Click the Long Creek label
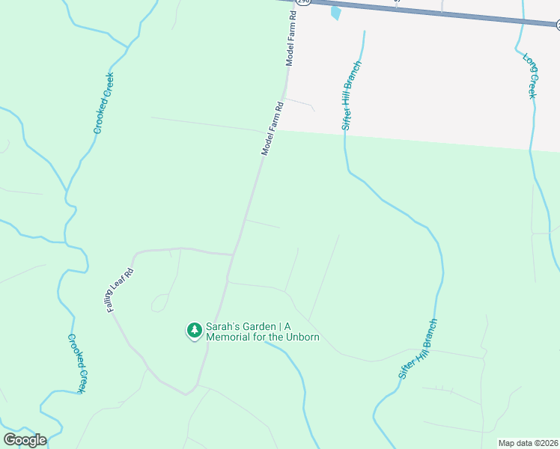[x=530, y=76]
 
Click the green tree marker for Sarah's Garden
[x=195, y=330]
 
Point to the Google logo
[x=24, y=440]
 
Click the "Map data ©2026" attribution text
[x=528, y=443]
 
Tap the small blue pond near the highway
[x=335, y=13]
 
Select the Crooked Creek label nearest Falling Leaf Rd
[x=79, y=364]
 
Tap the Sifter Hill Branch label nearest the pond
[x=352, y=96]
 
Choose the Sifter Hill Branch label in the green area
[x=418, y=349]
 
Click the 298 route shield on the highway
[x=303, y=2]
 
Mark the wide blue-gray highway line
[x=449, y=13]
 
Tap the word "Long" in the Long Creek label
[x=528, y=64]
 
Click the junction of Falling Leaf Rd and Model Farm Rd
[x=233, y=254]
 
